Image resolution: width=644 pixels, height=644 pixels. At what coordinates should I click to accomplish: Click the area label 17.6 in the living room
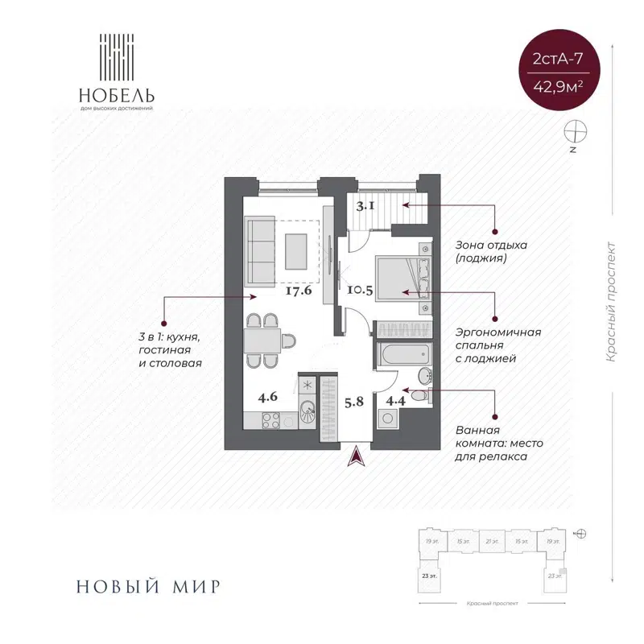point(298,291)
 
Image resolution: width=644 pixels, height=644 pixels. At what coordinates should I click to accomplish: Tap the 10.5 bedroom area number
point(360,291)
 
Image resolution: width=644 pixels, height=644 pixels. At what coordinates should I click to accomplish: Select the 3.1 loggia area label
point(365,205)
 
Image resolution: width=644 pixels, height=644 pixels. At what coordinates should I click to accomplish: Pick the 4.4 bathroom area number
point(396,400)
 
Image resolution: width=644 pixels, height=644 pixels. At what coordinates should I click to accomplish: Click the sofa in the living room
point(259,253)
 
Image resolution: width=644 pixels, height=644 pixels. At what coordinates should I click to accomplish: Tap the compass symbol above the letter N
point(576,130)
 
